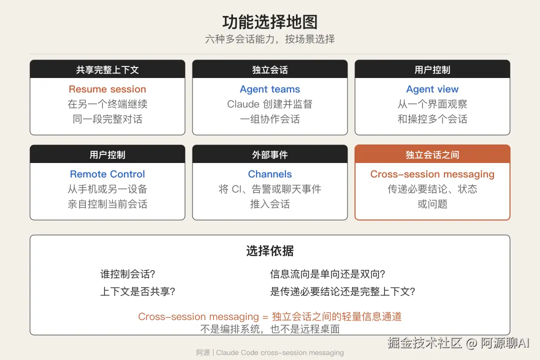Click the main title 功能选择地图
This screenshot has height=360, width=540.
pyautogui.click(x=269, y=22)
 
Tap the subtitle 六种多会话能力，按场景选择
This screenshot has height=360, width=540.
pyautogui.click(x=269, y=39)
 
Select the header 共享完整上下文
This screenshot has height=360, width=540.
pyautogui.click(x=107, y=70)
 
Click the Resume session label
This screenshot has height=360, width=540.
pyautogui.click(x=107, y=89)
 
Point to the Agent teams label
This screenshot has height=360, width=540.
pyautogui.click(x=269, y=89)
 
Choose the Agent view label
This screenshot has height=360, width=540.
pyautogui.click(x=432, y=89)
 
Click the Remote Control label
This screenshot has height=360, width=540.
pyautogui.click(x=107, y=174)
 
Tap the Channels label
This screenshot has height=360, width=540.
pyautogui.click(x=269, y=174)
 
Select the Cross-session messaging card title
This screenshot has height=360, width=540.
pyautogui.click(x=432, y=174)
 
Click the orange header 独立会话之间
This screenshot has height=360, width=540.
pyautogui.click(x=432, y=154)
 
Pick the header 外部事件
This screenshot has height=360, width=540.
pyautogui.click(x=269, y=154)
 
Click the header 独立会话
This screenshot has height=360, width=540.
pyautogui.click(x=269, y=70)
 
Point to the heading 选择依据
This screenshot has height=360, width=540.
pyautogui.click(x=269, y=251)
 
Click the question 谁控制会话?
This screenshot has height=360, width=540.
pyautogui.click(x=128, y=274)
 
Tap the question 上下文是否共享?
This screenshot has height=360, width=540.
pyautogui.click(x=138, y=291)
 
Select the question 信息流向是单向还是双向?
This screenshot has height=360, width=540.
pyautogui.click(x=327, y=274)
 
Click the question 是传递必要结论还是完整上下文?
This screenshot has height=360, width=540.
pyautogui.click(x=342, y=291)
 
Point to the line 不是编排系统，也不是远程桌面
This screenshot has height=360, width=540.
pyautogui.click(x=269, y=329)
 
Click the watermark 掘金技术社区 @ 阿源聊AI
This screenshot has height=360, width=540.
pyautogui.click(x=458, y=343)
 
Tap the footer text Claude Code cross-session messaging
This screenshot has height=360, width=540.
pyautogui.click(x=279, y=352)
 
